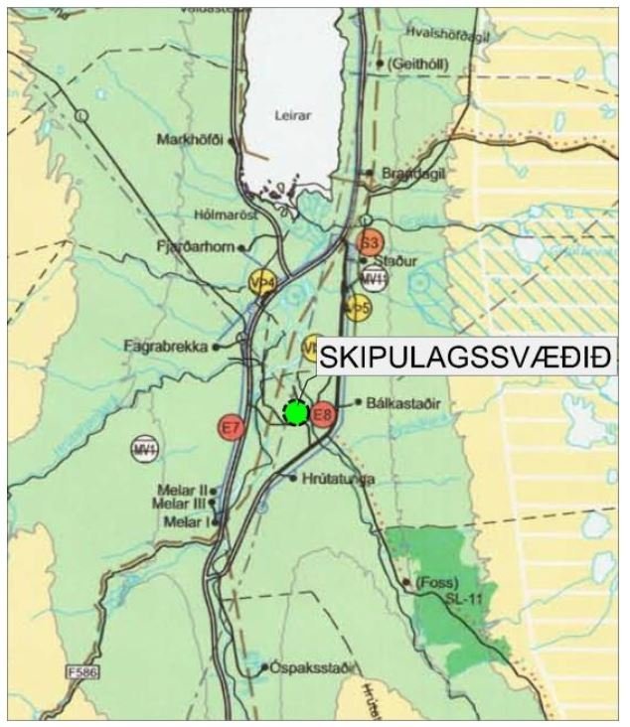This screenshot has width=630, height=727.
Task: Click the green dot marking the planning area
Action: [x=295, y=411]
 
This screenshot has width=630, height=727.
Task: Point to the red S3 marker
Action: [x=370, y=242]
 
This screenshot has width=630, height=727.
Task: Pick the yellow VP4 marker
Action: [x=262, y=283]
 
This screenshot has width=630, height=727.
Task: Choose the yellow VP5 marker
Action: [x=358, y=309]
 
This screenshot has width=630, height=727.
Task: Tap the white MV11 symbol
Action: [x=374, y=278]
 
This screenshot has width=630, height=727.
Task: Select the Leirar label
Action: [x=292, y=115]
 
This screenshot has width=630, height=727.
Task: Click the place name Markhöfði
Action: [x=192, y=139]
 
